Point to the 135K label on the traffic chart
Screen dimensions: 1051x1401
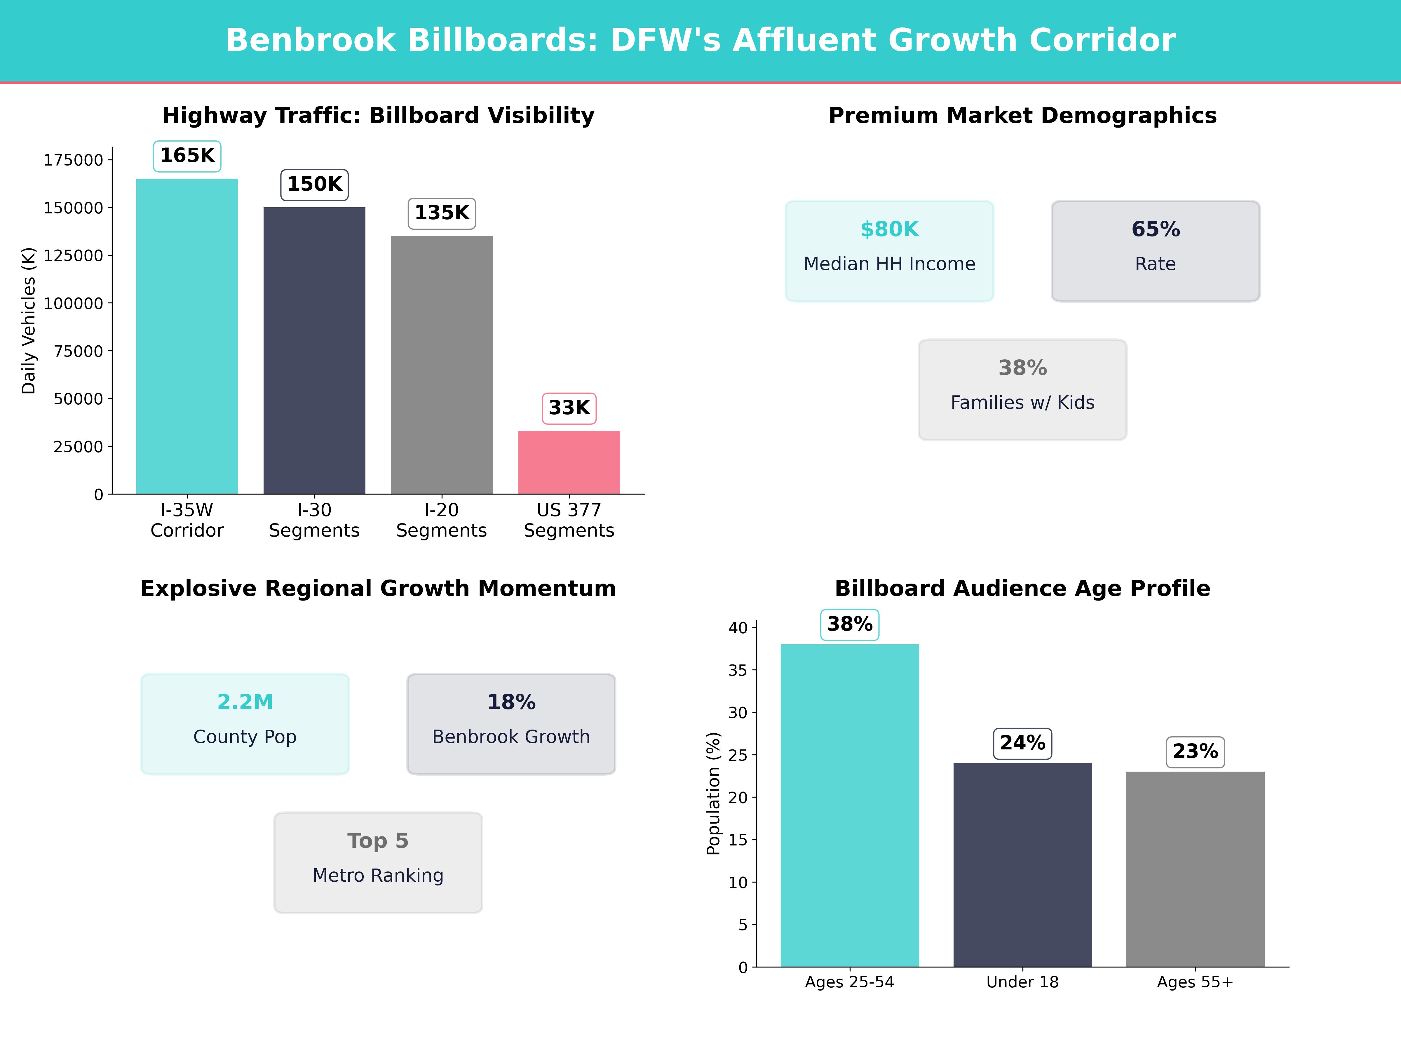tap(441, 213)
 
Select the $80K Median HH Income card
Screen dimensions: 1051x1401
tap(889, 251)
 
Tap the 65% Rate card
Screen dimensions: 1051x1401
tap(1155, 251)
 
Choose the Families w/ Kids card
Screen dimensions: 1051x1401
tap(1022, 390)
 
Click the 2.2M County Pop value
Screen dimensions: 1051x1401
tap(245, 702)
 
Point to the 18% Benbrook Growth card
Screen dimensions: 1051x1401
tap(511, 723)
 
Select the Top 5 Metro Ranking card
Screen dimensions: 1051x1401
tap(378, 862)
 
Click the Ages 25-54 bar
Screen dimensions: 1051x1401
tap(849, 805)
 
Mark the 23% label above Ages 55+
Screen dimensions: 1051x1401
tap(1195, 751)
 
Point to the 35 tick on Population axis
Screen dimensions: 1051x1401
tap(738, 670)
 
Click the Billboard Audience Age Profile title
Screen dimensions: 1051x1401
tap(1022, 589)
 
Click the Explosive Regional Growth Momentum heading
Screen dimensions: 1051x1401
tap(378, 589)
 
